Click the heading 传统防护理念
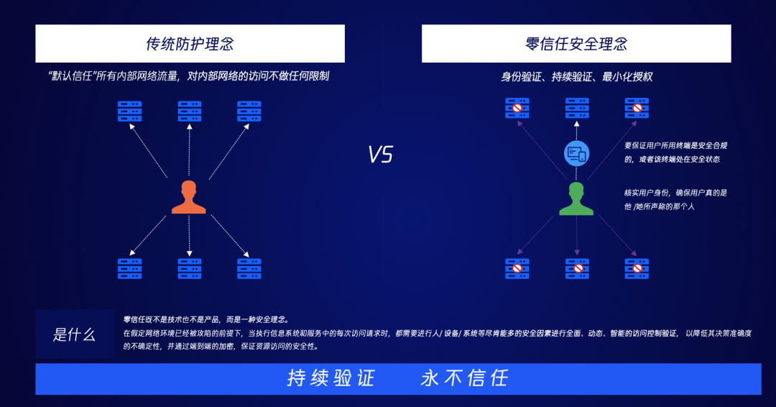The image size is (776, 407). pyautogui.click(x=190, y=44)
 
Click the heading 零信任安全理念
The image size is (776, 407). pyautogui.click(x=576, y=44)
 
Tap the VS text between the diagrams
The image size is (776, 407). pyautogui.click(x=381, y=155)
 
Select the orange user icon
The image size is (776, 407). pyautogui.click(x=189, y=197)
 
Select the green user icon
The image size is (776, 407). pyautogui.click(x=576, y=198)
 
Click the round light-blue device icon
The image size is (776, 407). pyautogui.click(x=576, y=152)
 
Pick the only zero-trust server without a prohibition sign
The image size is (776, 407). pyautogui.click(x=577, y=109)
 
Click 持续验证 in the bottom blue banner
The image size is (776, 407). pyautogui.click(x=331, y=378)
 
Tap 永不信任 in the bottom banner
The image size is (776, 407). pyautogui.click(x=465, y=378)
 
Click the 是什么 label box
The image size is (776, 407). pyautogui.click(x=75, y=334)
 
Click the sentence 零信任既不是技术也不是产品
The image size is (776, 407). pyautogui.click(x=180, y=319)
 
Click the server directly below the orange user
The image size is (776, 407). pyautogui.click(x=190, y=268)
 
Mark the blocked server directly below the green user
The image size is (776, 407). pyautogui.click(x=577, y=268)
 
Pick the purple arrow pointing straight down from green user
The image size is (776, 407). pyautogui.click(x=576, y=234)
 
